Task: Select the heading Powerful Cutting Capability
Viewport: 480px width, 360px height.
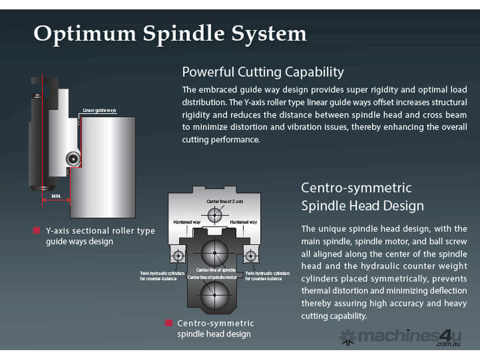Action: (x=262, y=72)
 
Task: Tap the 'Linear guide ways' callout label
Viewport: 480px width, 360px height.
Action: (x=99, y=111)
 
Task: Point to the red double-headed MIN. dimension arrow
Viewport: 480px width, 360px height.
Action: (x=56, y=201)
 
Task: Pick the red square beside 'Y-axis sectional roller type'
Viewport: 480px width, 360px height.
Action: (x=37, y=231)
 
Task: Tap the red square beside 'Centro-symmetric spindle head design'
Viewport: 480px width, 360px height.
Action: (x=168, y=323)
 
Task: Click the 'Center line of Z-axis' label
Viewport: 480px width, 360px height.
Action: (x=225, y=202)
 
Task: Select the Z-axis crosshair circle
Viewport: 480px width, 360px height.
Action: (x=215, y=216)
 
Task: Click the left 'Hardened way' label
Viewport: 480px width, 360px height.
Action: (x=187, y=222)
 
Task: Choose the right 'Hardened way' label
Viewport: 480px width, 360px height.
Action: (x=243, y=222)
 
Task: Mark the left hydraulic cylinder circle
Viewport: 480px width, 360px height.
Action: (x=178, y=256)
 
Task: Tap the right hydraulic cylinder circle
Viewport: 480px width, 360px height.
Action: (x=251, y=256)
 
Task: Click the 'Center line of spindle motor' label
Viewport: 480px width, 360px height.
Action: (x=212, y=277)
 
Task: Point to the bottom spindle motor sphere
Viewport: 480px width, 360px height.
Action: (x=215, y=295)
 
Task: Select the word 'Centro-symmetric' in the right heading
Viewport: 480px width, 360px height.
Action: (x=356, y=188)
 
